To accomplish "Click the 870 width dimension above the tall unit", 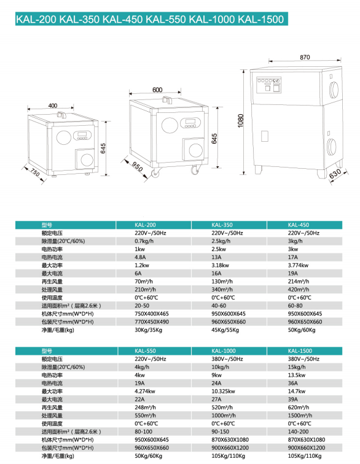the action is (305, 57).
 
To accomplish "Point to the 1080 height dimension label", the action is (241, 121).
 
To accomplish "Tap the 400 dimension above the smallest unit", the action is (52, 106).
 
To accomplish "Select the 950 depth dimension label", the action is (137, 166).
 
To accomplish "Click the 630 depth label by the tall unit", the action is (335, 174).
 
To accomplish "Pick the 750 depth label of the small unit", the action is (35, 172).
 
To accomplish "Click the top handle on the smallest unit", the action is (61, 114).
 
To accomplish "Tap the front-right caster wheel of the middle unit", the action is (194, 170).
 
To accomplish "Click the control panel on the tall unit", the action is (268, 85).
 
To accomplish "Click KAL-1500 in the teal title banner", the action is (260, 19).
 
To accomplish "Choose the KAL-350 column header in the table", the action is (222, 225).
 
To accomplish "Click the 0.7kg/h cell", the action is (144, 241).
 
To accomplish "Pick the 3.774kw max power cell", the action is (298, 265).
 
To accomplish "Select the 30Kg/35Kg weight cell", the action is (148, 330).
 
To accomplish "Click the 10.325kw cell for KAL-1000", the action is (223, 391).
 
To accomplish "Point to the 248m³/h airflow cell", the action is (145, 408).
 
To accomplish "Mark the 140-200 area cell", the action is (298, 431).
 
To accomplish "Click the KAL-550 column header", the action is (145, 351).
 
